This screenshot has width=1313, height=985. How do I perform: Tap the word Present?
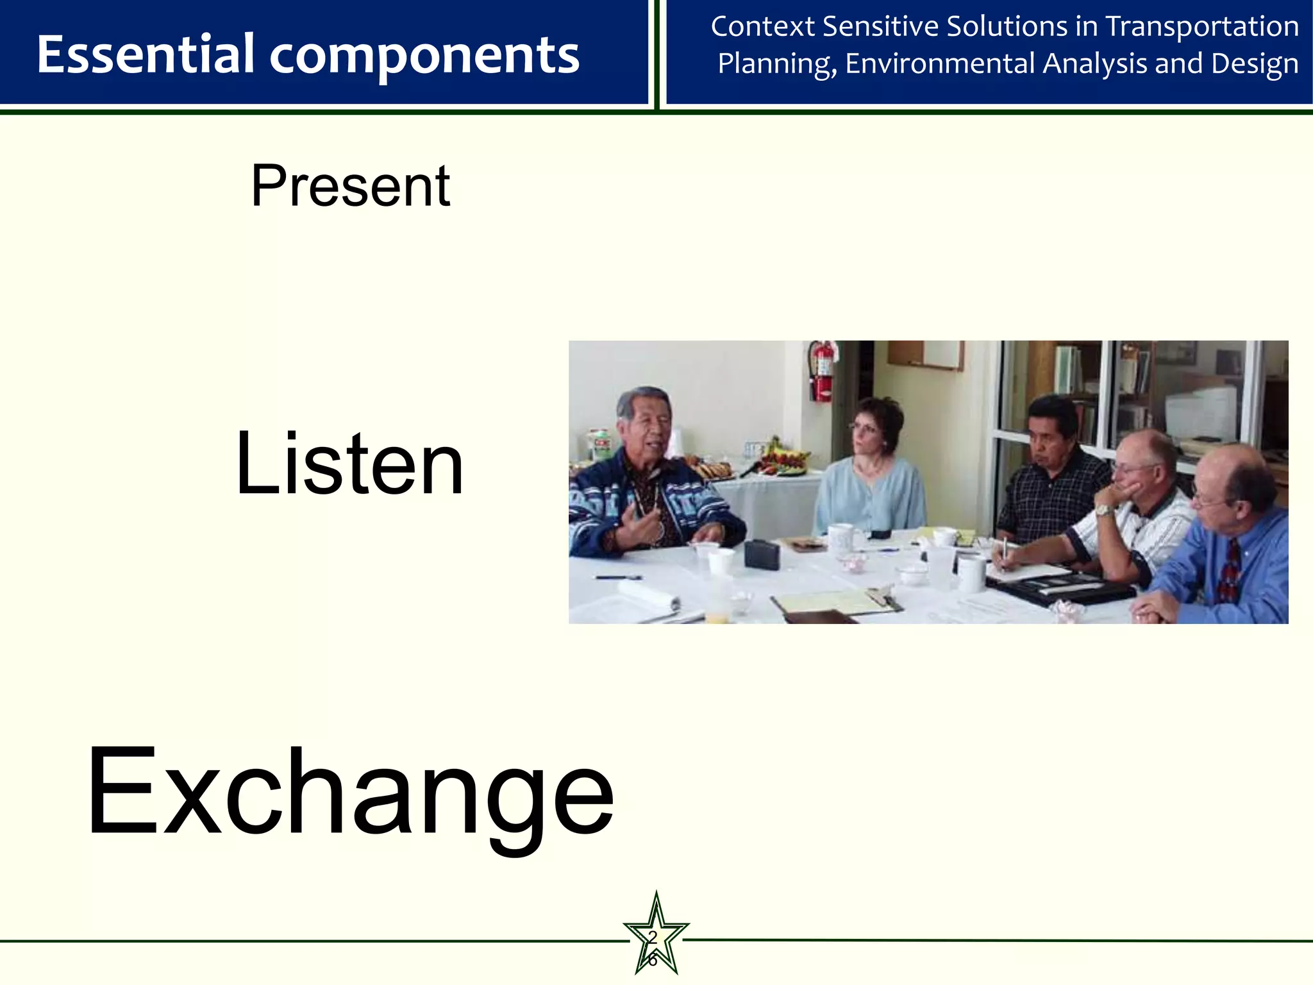[x=350, y=186]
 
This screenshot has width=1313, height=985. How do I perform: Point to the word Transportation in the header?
[x=1202, y=27]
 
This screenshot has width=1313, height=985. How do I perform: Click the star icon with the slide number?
[x=655, y=938]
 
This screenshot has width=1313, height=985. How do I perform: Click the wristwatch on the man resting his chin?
[x=1103, y=510]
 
